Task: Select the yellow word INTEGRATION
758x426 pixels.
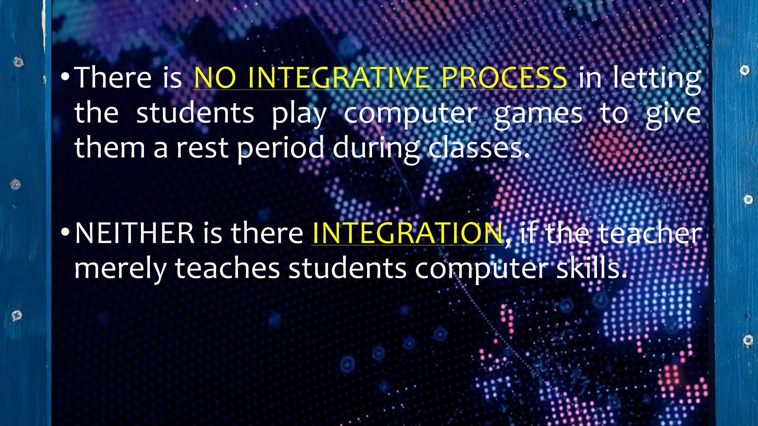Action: coord(407,233)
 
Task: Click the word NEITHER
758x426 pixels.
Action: coord(134,233)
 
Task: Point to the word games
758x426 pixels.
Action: coord(538,114)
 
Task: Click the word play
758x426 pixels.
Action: coord(299,114)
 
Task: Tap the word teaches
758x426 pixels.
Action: coord(227,268)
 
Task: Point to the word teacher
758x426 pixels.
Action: coord(650,233)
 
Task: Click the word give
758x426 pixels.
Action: coord(673,114)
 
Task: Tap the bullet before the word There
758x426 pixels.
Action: coord(65,77)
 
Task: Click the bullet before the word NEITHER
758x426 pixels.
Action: coord(65,233)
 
